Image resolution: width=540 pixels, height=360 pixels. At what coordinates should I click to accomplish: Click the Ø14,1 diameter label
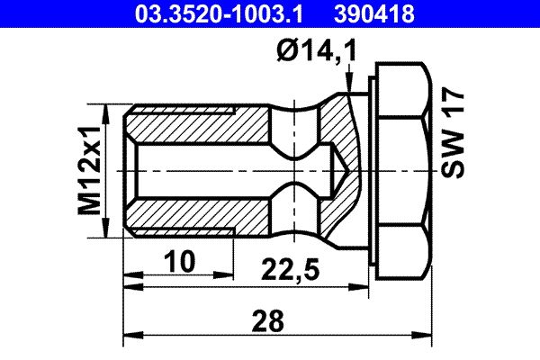click(317, 52)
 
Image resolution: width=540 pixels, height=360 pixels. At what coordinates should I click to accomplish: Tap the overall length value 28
click(269, 319)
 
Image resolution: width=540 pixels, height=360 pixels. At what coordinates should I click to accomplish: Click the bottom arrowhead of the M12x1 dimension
click(110, 231)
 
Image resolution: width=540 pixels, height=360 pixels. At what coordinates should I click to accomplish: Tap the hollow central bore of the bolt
click(207, 171)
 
